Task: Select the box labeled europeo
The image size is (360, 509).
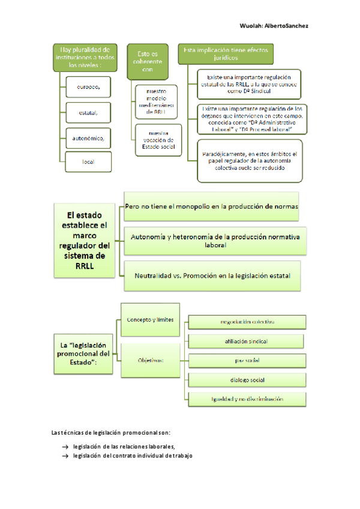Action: click(88, 86)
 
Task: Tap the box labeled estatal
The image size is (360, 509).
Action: click(88, 112)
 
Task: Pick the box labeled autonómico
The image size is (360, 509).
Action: click(88, 137)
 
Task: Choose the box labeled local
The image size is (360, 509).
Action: click(88, 161)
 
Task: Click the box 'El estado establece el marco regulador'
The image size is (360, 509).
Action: click(86, 240)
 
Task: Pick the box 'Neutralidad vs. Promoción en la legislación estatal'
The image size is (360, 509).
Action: click(212, 276)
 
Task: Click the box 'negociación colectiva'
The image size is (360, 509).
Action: click(247, 322)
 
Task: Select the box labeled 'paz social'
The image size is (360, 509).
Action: click(247, 361)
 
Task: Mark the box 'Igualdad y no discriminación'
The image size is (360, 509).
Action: click(247, 399)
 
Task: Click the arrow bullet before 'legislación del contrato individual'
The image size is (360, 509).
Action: click(64, 456)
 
